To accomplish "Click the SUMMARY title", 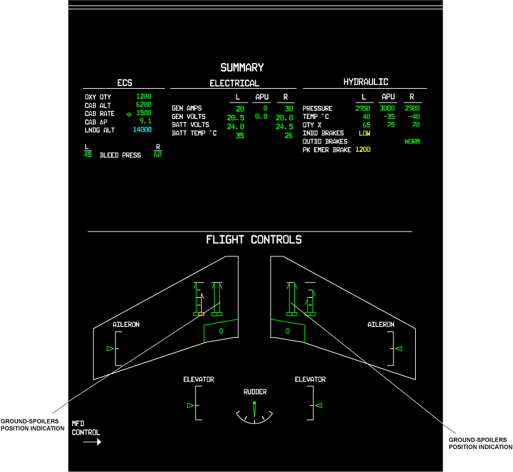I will click(242, 68).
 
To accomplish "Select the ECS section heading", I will click(125, 83).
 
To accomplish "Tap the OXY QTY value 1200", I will click(143, 97).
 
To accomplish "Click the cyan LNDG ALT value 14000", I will click(142, 130).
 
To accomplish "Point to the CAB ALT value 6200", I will click(143, 105).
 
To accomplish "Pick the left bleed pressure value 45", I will click(87, 155).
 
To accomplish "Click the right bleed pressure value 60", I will click(158, 155).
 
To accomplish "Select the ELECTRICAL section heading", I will click(234, 83).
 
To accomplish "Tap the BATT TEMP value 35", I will click(240, 135).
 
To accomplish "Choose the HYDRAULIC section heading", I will click(365, 82).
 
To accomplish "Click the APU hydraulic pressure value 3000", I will click(387, 108).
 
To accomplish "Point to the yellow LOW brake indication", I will click(364, 133).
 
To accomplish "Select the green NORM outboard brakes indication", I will click(412, 141).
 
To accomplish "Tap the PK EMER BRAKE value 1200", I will click(363, 150).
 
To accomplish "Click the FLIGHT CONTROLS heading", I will click(254, 240).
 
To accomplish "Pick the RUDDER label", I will click(255, 392).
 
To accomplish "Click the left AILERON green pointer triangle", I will click(110, 348).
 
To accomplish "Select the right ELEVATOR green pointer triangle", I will click(318, 406).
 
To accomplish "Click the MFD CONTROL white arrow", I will click(92, 442).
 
